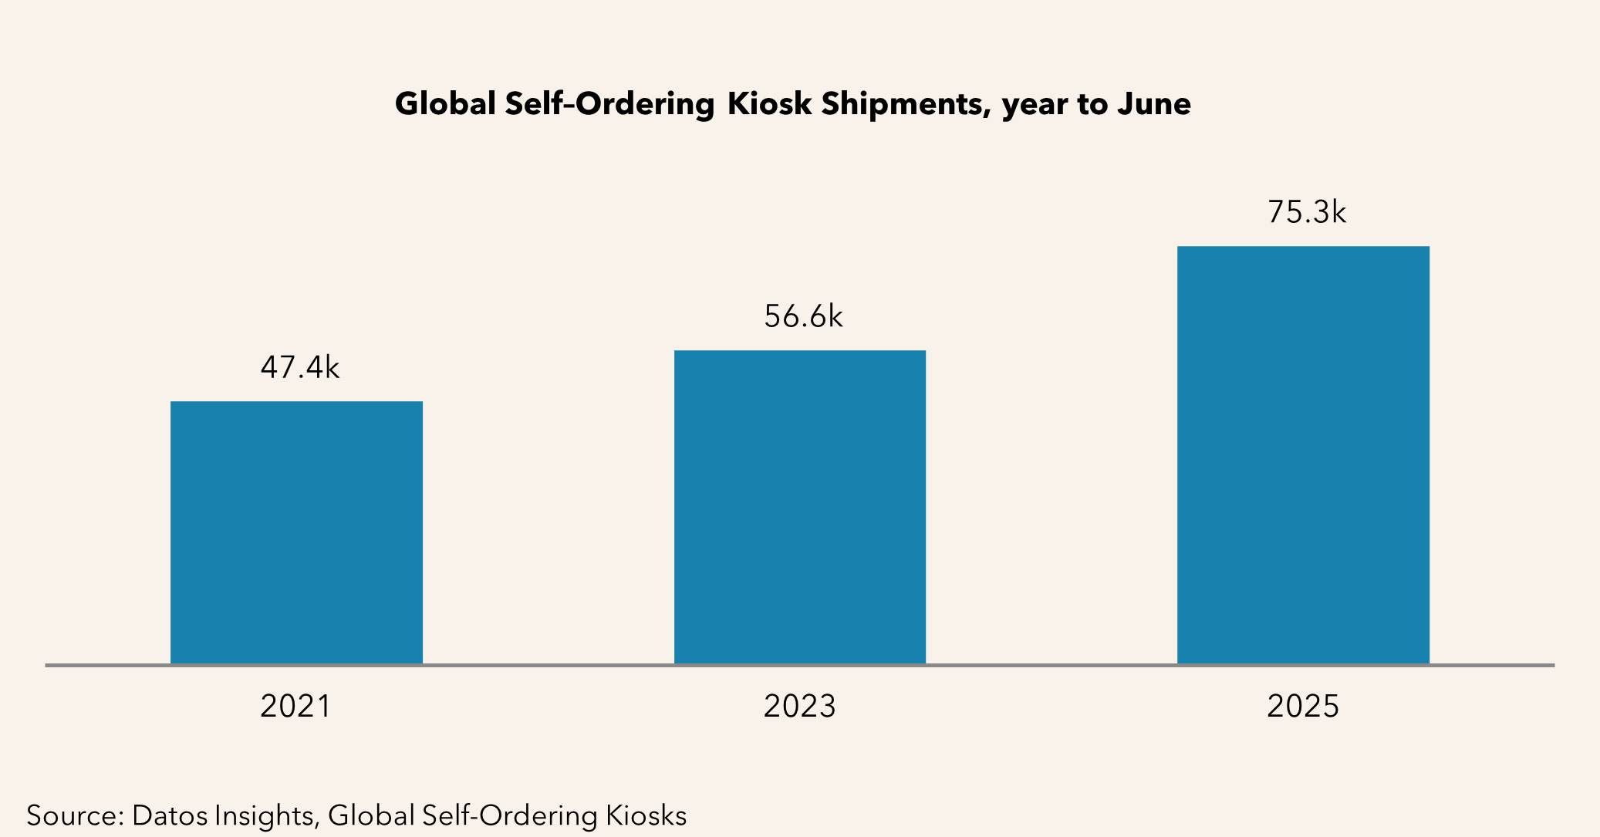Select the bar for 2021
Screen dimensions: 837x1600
point(296,532)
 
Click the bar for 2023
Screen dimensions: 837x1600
point(800,507)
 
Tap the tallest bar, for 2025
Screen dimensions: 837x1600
point(1303,455)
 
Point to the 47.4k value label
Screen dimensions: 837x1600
point(300,368)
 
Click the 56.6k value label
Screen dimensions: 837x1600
point(803,317)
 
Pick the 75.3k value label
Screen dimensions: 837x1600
point(1307,212)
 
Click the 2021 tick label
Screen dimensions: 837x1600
point(295,707)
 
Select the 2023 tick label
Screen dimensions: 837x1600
point(800,707)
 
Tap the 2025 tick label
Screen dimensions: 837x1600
point(1303,707)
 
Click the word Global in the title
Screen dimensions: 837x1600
point(445,103)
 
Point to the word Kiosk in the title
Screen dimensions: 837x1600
point(769,103)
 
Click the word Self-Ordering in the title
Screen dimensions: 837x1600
point(609,105)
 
